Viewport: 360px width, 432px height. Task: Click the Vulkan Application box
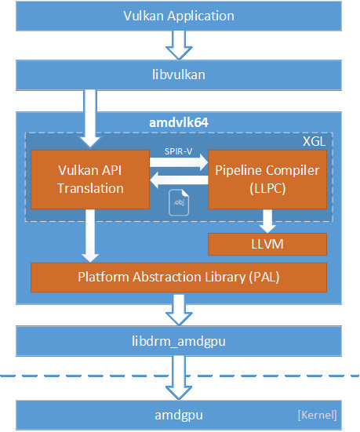pos(179,16)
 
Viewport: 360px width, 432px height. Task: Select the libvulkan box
pos(179,75)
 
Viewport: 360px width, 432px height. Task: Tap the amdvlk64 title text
pos(179,122)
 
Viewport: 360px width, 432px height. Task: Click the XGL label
pos(314,141)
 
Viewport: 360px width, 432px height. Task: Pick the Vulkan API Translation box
pos(90,180)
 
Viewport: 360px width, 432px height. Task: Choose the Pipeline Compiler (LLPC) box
pos(267,180)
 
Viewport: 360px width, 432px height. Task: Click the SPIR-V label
pos(178,151)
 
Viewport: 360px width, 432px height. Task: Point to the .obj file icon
pos(179,202)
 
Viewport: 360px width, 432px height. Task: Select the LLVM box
pos(267,245)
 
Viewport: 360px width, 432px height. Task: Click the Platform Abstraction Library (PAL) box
pos(179,278)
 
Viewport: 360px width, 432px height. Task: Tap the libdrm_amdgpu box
pos(179,341)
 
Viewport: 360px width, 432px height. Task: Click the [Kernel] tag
pos(318,415)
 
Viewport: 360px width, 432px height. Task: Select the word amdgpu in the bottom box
pos(179,416)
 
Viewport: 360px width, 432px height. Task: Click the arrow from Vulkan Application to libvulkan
pos(179,45)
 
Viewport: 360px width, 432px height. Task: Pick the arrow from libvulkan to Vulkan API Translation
pos(90,118)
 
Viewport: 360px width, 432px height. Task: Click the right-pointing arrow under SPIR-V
pos(179,162)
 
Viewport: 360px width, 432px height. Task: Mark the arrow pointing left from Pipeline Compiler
pos(179,180)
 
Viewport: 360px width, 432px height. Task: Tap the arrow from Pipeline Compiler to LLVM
pos(267,221)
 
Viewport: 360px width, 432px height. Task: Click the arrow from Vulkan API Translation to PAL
pos(90,236)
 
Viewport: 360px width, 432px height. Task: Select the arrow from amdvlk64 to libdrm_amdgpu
pos(179,310)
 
